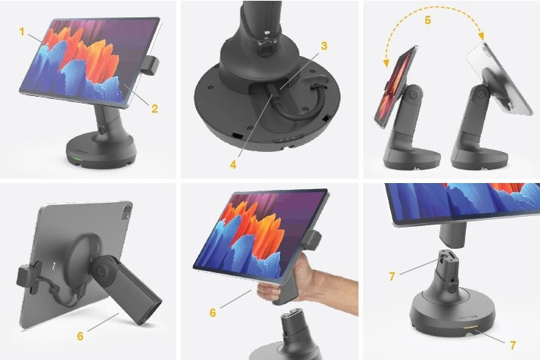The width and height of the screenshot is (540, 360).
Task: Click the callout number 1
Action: coord(22,32)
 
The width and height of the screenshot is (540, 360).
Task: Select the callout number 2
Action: coord(154,108)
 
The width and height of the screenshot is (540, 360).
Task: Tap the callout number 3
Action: coord(324,46)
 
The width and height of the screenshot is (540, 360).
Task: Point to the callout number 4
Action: coord(233,165)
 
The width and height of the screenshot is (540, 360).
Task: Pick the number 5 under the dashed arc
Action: coord(427,20)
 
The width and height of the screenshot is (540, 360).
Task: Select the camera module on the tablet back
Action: coord(127,210)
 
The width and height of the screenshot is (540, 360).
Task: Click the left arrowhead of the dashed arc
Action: coord(386,63)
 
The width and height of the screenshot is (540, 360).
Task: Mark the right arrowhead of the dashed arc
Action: coord(482,36)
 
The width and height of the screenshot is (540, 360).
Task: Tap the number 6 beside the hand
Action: coord(213,312)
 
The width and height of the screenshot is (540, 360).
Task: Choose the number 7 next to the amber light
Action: coord(513,345)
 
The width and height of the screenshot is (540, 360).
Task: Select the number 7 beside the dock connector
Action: coord(392,276)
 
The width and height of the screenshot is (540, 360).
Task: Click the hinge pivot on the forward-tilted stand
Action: coord(414,94)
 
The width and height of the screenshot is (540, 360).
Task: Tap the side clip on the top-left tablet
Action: coord(150,66)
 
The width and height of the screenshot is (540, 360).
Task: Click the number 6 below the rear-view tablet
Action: coord(80,336)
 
